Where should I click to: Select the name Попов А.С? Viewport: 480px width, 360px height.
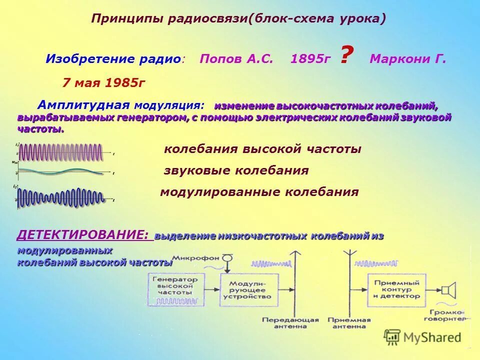[x=236, y=59]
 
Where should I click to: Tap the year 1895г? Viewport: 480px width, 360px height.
[x=310, y=59]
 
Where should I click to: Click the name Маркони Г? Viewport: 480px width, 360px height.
[x=407, y=59]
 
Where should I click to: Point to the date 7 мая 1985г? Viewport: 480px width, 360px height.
[x=103, y=82]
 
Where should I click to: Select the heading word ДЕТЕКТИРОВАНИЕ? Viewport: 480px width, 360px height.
[x=83, y=234]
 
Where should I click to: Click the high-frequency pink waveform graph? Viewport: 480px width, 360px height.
[x=60, y=151]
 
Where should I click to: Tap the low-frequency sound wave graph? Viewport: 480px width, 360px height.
[x=60, y=171]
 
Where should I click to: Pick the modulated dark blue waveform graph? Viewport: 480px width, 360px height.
[x=60, y=197]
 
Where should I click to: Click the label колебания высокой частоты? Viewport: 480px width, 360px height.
[x=262, y=149]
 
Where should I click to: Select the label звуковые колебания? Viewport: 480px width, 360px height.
[x=236, y=170]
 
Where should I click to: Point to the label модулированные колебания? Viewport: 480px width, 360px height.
[x=259, y=192]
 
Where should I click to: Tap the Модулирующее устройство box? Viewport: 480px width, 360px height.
[x=250, y=289]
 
